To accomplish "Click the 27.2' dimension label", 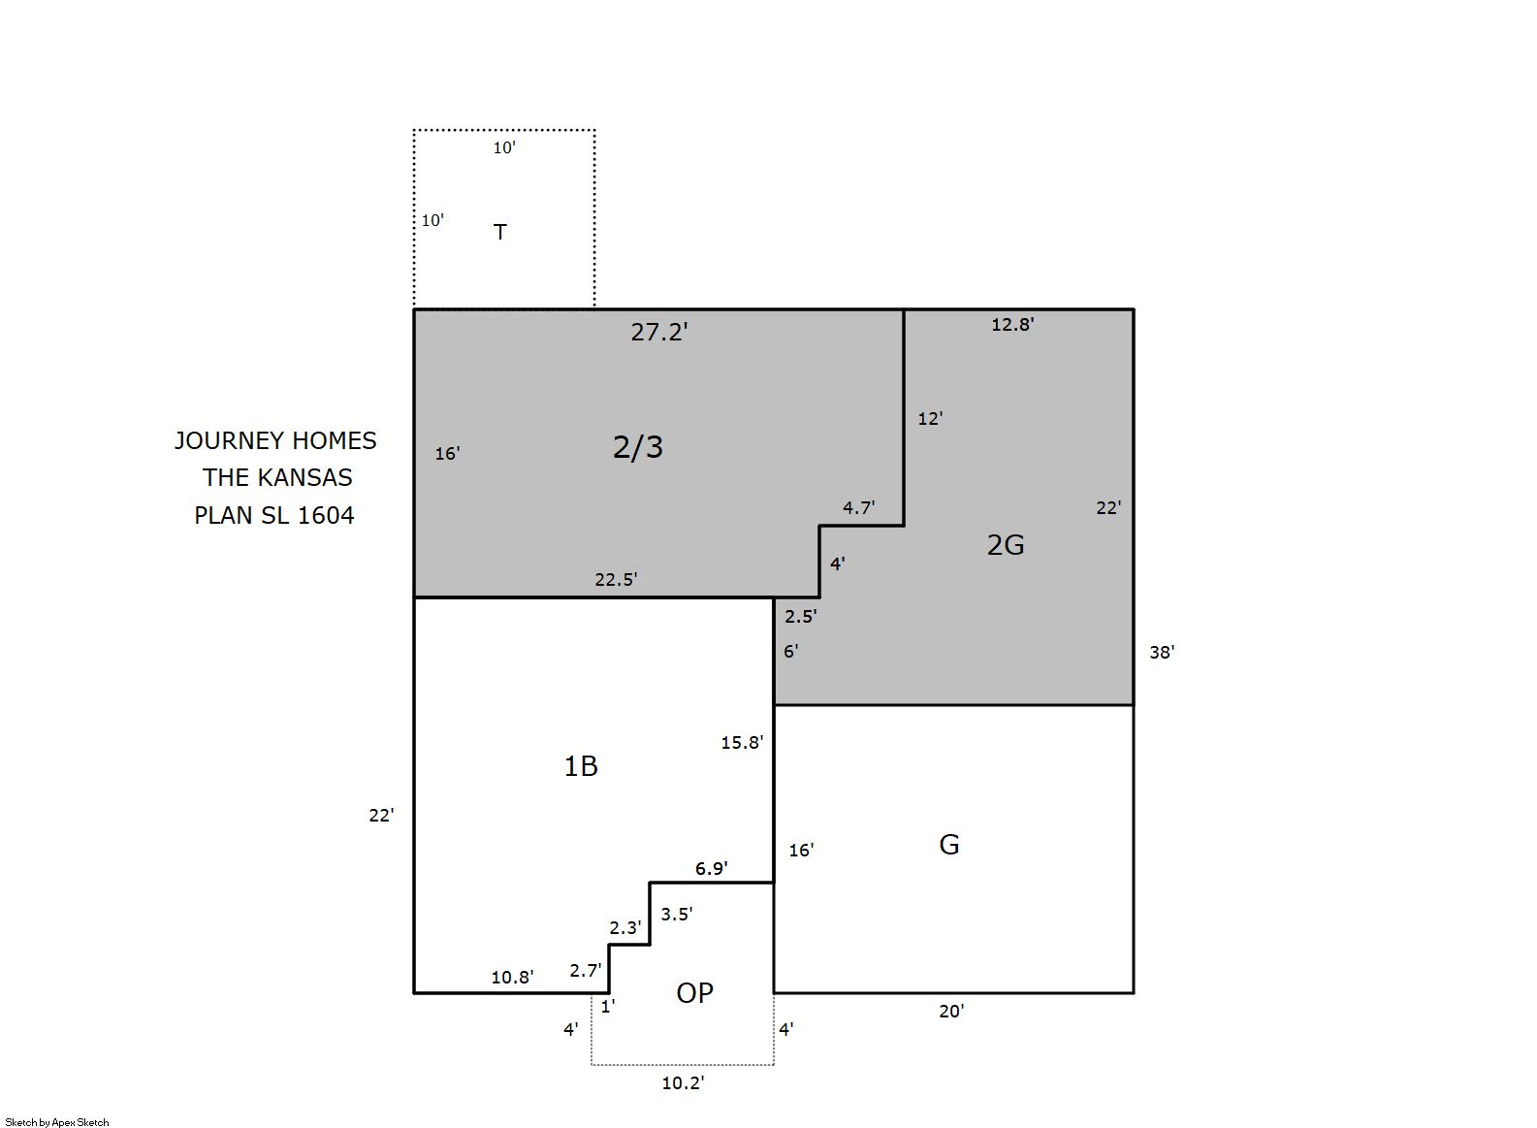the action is point(658,332).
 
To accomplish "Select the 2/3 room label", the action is point(637,447).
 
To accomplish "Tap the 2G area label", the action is point(1006,545).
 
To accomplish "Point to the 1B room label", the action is point(581,765).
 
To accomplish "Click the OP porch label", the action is point(694,993).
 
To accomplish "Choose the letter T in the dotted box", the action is point(500,232).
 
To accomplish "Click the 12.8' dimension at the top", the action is point(1012,325).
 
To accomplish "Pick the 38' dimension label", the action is point(1162,652).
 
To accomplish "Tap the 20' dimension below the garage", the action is point(951,1012).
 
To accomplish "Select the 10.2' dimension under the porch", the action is point(683,1083).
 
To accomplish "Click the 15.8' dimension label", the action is point(742,742).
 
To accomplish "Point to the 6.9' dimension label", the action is point(711,869).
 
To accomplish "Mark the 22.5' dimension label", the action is point(616,580).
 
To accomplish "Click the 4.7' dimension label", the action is point(858,507).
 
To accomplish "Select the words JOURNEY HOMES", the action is point(275,440).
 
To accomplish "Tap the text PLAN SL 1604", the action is point(273,515).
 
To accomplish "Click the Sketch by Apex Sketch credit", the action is point(57,1122).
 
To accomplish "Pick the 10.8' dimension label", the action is point(512,977).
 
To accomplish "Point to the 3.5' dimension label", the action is point(676,914).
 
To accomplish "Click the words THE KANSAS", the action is point(277,477).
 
